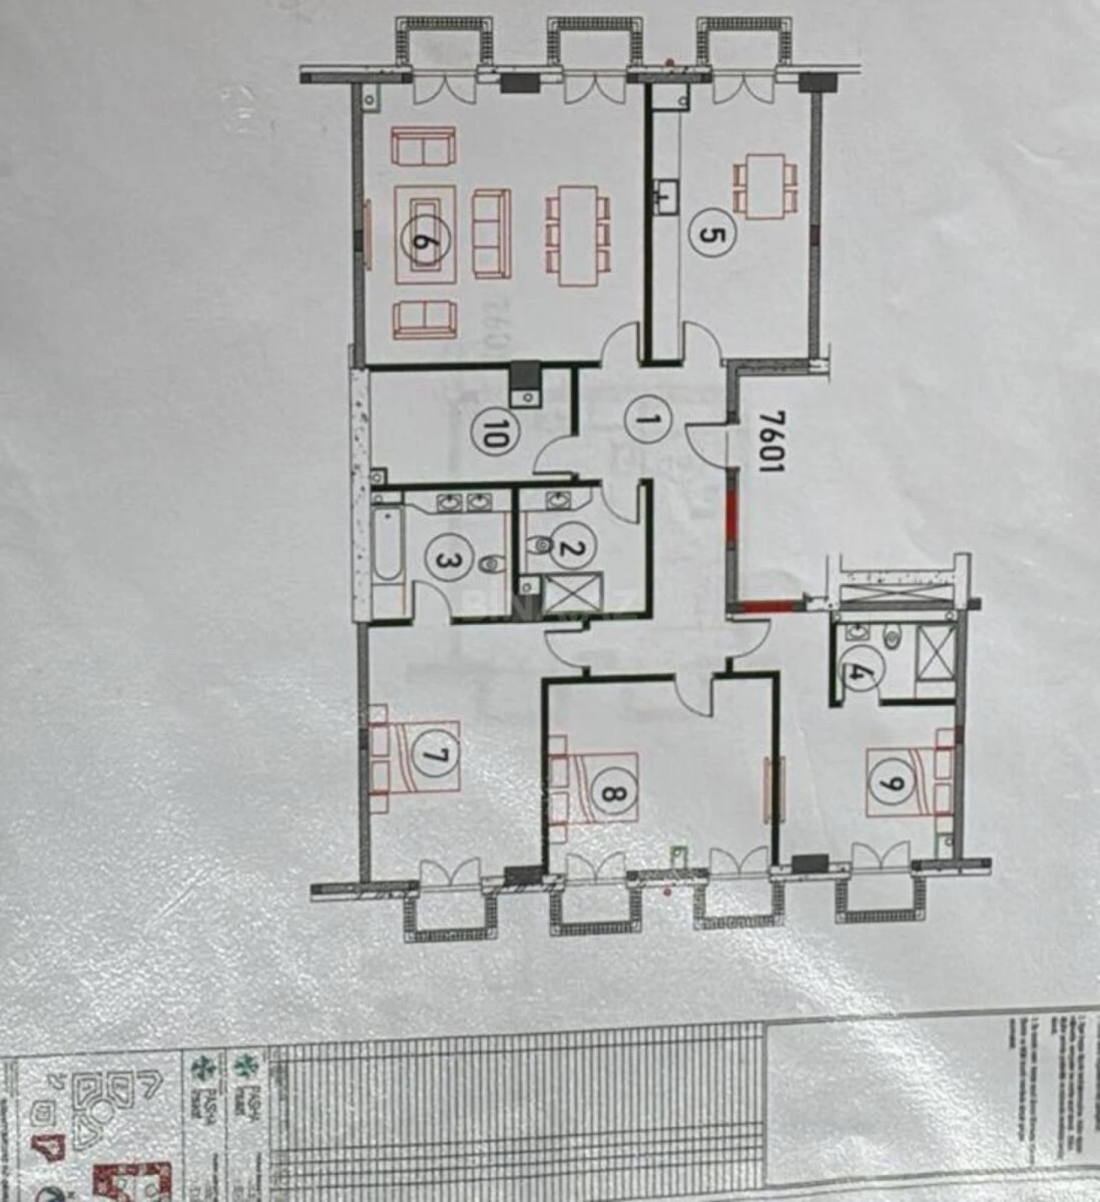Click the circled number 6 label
[425, 241]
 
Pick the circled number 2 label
[573, 548]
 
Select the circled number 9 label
[893, 783]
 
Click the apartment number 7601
[769, 441]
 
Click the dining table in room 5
[765, 186]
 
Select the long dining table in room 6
[577, 235]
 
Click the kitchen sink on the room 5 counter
[665, 197]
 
